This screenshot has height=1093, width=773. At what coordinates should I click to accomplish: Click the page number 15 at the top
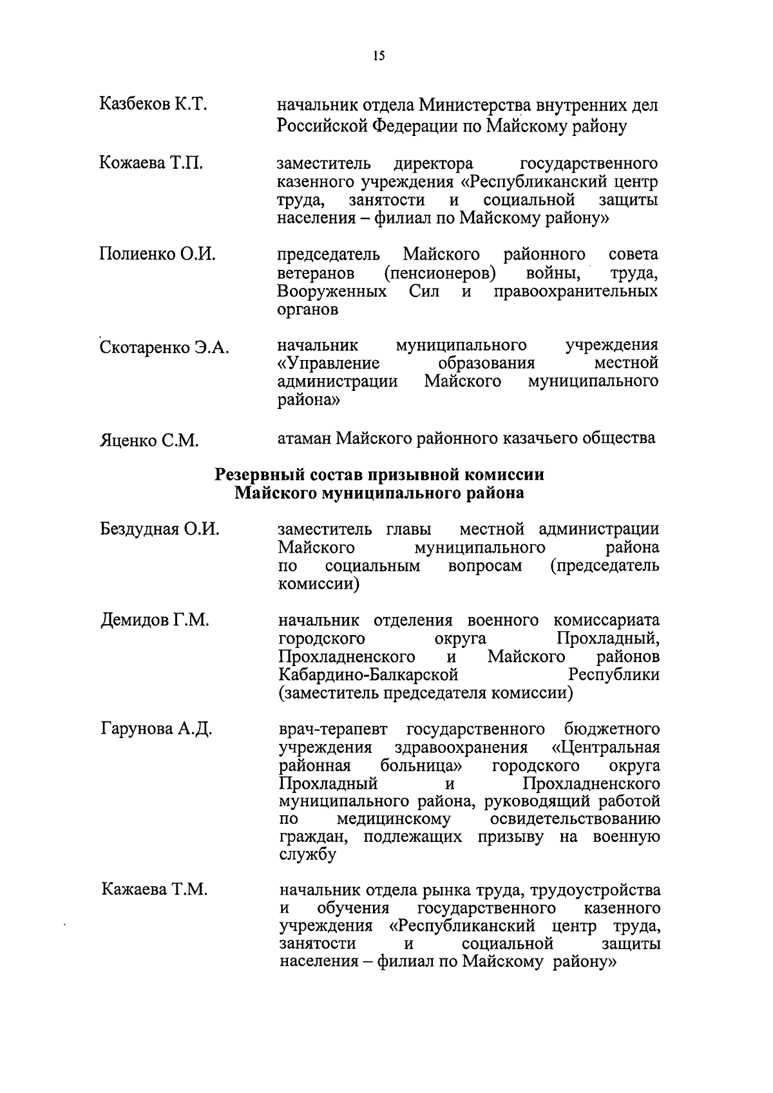pos(379,56)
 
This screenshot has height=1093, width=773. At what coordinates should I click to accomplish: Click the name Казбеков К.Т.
pos(153,104)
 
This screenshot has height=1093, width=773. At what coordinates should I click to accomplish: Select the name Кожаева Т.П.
pos(151,164)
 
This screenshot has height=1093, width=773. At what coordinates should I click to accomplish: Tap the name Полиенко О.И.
pos(157,254)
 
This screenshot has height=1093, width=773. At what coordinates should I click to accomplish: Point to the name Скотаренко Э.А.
pos(164,348)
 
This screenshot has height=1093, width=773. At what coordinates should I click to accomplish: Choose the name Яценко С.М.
pos(149,441)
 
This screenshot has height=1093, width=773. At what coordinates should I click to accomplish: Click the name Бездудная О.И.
pos(160,529)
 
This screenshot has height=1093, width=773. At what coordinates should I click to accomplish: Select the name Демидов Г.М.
pos(155,621)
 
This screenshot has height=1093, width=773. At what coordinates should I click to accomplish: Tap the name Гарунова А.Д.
pos(157,729)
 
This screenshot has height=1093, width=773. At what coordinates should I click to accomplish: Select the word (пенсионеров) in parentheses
pos(439,274)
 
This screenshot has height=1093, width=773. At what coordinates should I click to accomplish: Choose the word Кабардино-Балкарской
pos(368,675)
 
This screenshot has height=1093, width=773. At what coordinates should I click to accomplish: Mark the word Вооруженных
pos(332,292)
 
